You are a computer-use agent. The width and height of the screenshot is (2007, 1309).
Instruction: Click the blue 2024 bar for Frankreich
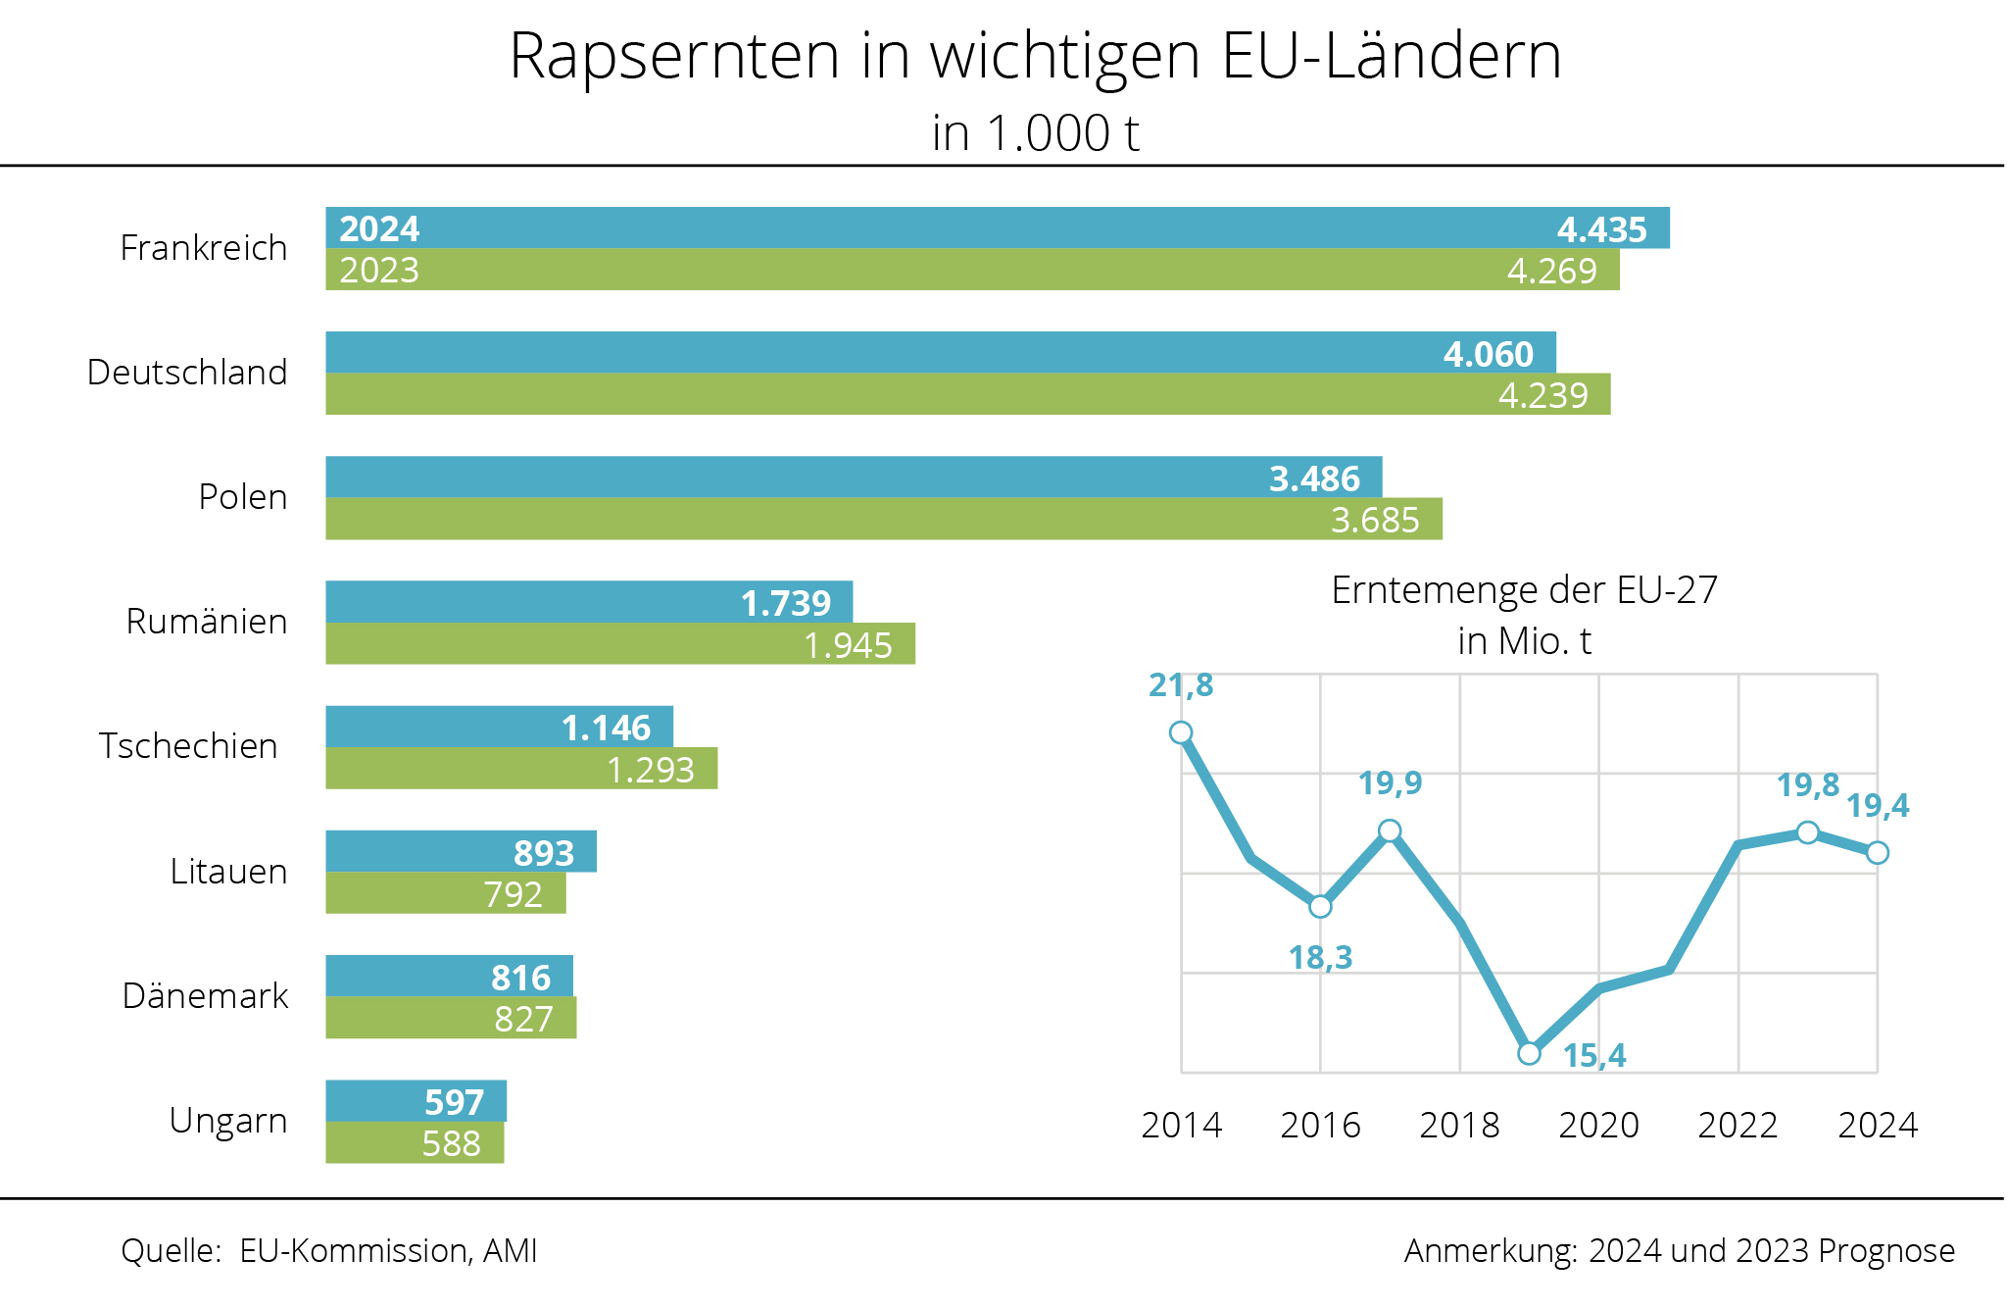(980, 228)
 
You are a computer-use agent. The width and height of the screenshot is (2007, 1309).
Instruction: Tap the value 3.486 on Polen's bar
(1314, 478)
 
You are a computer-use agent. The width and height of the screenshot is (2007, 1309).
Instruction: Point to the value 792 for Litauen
(513, 894)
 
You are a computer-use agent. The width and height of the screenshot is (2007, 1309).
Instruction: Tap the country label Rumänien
(207, 622)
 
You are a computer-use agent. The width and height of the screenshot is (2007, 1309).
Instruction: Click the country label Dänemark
(205, 996)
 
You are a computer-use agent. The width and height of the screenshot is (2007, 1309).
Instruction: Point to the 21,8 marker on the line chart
(1181, 732)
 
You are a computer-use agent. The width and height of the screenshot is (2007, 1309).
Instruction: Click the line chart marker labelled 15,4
(1529, 1053)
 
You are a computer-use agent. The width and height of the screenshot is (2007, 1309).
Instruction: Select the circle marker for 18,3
(1320, 906)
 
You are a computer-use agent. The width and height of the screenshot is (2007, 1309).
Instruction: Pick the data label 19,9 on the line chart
(1390, 783)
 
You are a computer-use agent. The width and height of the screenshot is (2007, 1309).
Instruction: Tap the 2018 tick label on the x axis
(1459, 1125)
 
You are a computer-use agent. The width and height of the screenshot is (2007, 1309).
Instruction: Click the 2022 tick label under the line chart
(1738, 1125)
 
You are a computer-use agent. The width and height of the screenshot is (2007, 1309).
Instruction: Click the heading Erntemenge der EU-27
(1524, 590)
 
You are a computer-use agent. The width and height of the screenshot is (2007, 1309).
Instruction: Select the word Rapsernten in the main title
(674, 56)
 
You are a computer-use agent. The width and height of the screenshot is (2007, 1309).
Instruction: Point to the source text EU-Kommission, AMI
(388, 1251)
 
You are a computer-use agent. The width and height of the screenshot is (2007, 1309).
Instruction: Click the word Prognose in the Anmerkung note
(1885, 1251)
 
